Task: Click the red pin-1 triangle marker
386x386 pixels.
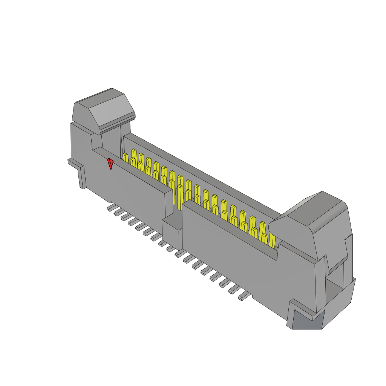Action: (x=110, y=164)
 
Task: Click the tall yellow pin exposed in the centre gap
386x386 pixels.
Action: (x=180, y=196)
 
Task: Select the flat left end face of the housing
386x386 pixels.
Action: (x=81, y=151)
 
